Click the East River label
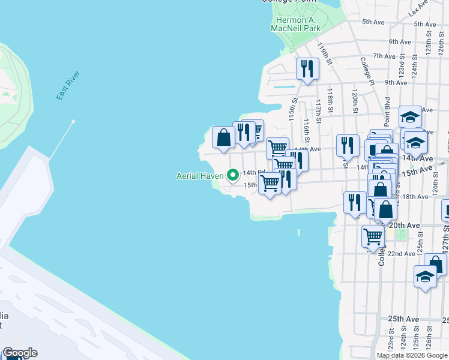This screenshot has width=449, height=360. [68, 85]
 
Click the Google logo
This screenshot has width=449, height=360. [19, 353]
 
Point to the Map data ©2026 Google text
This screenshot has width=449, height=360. [412, 355]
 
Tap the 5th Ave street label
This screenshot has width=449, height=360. [373, 22]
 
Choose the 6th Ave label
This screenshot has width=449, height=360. [399, 41]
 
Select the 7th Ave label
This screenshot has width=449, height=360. [383, 56]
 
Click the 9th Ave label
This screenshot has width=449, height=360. [396, 83]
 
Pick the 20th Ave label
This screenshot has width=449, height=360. [407, 225]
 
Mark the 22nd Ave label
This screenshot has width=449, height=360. [401, 254]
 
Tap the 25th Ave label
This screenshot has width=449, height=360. [403, 318]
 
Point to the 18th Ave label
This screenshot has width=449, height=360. [415, 197]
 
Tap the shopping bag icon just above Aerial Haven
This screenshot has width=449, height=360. [223, 137]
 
